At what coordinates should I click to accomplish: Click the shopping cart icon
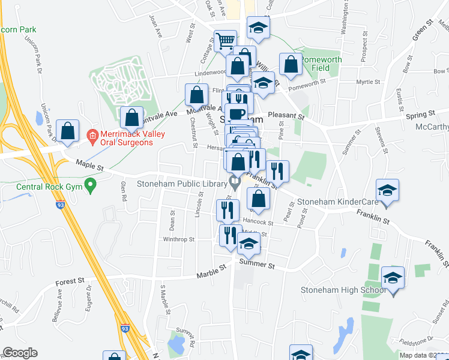point(226,41)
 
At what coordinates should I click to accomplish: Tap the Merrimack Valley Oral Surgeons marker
point(92,136)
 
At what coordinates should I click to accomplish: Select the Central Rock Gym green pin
point(91,185)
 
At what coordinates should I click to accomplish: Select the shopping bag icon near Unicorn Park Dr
point(67,131)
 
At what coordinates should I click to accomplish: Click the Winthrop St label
point(179,239)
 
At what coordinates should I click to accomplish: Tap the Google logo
point(20,353)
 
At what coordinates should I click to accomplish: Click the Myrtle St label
point(369,82)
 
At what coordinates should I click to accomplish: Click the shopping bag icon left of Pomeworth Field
point(291,66)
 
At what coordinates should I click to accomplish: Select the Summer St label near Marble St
point(256,264)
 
